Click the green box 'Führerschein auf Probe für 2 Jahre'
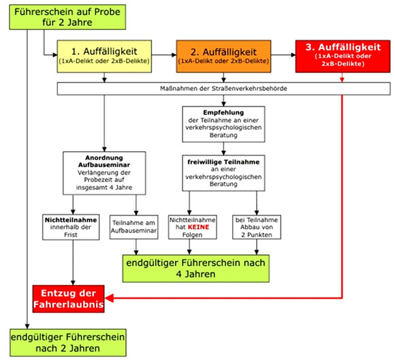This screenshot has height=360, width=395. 67,17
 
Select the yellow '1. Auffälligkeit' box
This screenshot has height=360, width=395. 104,57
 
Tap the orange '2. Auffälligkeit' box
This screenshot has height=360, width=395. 223,57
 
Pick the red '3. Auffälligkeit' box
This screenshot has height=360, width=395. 343,57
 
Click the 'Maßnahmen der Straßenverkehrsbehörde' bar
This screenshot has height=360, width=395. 223,89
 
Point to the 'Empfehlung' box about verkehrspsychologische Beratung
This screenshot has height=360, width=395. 223,124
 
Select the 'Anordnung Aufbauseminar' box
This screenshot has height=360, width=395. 104,173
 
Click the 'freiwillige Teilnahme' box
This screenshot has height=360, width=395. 223,173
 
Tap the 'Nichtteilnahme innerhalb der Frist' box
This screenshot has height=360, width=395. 71,227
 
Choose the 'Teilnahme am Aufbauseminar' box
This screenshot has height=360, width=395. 133,227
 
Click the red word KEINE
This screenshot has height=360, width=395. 198,227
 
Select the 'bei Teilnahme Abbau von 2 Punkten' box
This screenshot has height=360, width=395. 257,227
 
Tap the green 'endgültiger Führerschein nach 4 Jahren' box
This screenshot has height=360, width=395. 195,269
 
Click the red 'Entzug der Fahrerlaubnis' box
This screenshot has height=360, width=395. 69,299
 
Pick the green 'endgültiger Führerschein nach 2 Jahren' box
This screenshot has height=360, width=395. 68,342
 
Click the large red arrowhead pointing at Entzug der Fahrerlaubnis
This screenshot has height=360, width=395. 109,298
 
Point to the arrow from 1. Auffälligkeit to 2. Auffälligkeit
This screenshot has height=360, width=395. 164,55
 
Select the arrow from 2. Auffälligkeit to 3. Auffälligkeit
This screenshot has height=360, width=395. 283,55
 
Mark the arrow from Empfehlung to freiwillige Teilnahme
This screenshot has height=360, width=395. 223,149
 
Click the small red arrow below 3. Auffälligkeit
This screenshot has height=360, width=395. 342,78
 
